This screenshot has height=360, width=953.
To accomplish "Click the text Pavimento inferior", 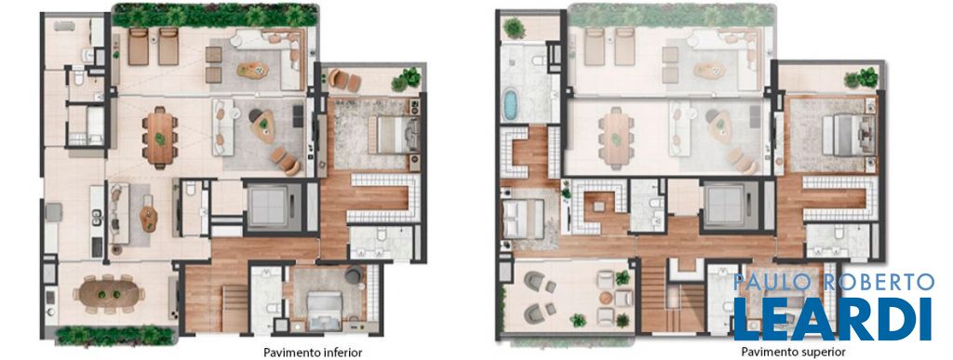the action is click(313, 353).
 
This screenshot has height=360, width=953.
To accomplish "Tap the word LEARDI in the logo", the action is click(833, 319).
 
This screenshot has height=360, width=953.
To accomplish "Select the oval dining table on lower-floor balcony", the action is click(110, 294).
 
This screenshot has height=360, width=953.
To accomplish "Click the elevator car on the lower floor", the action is click(268, 207).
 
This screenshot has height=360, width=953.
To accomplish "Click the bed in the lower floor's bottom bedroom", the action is click(325, 310).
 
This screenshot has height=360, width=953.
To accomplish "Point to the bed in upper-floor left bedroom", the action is click(523, 220).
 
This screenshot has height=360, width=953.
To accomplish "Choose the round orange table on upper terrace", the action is click(605, 298).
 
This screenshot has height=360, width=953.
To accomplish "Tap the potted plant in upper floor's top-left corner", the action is click(514, 28).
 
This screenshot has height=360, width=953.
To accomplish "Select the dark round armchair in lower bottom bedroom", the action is click(354, 275).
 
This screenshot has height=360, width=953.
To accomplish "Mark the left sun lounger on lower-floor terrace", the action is click(139, 47).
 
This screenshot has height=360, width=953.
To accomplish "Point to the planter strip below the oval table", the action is click(114, 335).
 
